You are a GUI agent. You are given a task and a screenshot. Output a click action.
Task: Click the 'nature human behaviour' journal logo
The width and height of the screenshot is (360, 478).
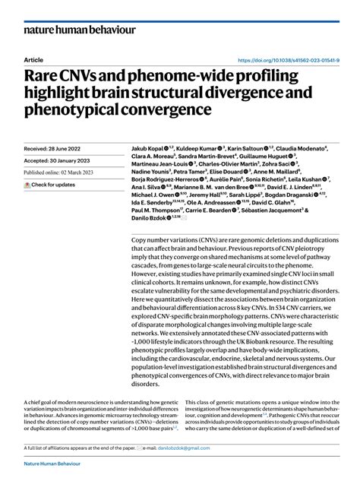80,30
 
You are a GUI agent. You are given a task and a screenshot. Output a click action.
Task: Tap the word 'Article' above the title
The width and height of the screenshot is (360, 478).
33,60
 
